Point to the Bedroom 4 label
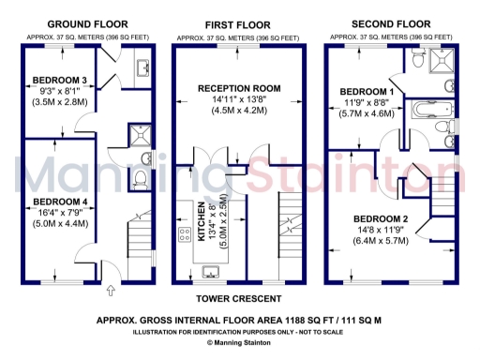60,202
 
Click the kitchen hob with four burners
182,231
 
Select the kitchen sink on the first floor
214,272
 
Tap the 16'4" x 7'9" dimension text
60,214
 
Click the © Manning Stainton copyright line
239,343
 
